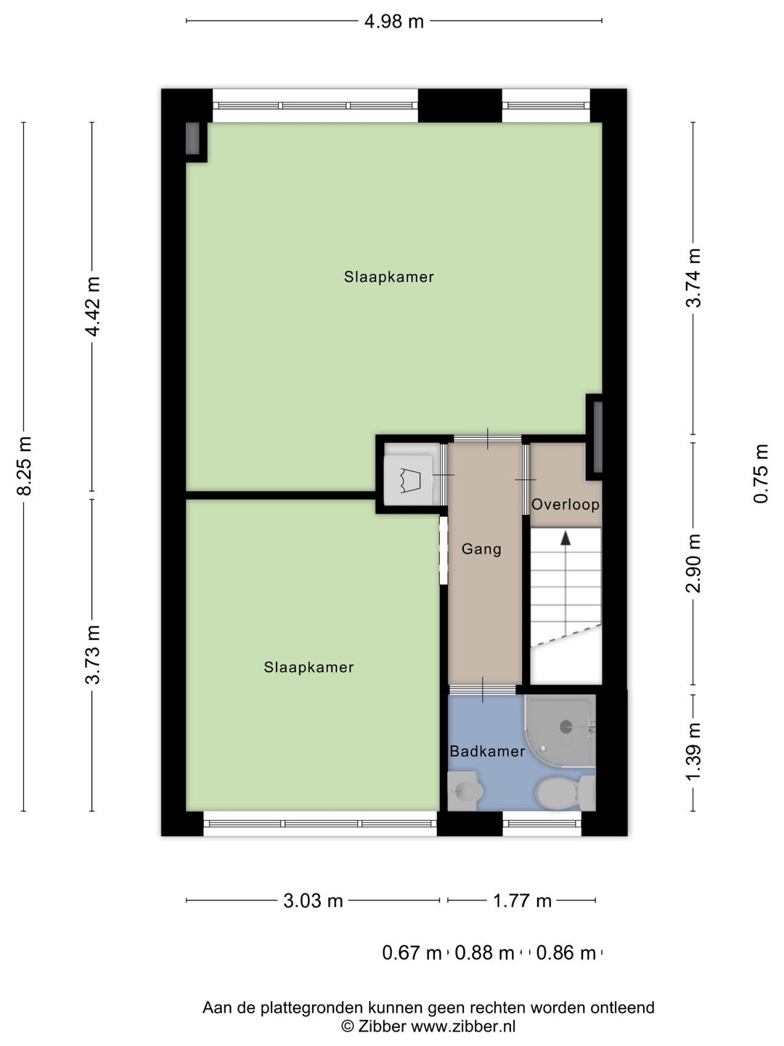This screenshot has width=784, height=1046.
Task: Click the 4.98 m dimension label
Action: (x=393, y=22)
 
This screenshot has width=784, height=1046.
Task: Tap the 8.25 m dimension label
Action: (x=24, y=466)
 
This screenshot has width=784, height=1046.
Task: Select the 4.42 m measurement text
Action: (x=93, y=307)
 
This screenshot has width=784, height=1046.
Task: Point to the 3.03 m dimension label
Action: (x=313, y=901)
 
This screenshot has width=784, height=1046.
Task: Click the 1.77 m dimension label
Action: (x=522, y=901)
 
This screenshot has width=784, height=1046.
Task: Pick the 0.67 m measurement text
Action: (x=412, y=953)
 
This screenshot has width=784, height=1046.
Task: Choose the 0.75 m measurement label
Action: (x=761, y=474)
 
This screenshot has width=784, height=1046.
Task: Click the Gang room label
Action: (x=481, y=549)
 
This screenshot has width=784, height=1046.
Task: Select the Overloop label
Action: (x=565, y=505)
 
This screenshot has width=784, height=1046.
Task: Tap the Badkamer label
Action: (x=487, y=752)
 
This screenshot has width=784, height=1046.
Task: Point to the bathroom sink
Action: (x=465, y=791)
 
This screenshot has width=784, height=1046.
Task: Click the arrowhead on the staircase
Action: (x=565, y=538)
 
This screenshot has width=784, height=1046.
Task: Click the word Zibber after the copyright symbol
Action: (x=383, y=1026)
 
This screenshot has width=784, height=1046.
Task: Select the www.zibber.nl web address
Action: (x=463, y=1026)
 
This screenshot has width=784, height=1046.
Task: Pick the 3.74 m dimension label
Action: (x=693, y=278)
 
